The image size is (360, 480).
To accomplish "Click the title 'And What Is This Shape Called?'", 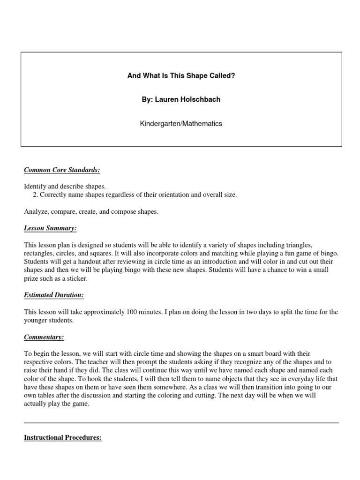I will (181, 75).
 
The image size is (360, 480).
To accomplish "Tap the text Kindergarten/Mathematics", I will (181, 124).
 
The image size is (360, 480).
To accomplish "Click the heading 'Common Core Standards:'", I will (62, 170).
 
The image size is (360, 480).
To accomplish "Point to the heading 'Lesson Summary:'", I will (50, 228).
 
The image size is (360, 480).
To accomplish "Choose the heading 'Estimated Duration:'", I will (54, 295).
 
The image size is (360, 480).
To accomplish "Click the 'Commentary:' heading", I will (44, 337).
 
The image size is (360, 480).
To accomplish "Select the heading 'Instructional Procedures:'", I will (63, 438).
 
